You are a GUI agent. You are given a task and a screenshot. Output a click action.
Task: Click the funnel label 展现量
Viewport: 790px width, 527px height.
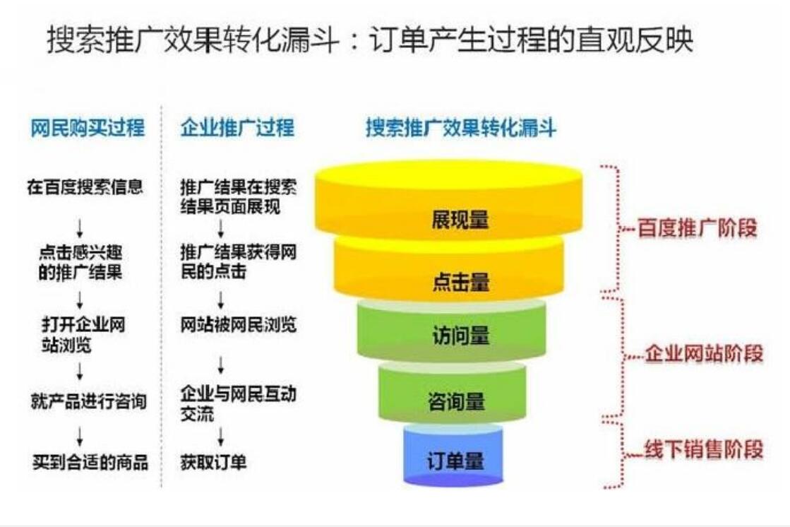click(460, 220)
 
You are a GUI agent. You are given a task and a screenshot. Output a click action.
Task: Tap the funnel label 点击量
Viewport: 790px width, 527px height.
click(460, 281)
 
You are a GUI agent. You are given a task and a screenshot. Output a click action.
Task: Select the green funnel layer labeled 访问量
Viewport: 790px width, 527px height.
click(451, 331)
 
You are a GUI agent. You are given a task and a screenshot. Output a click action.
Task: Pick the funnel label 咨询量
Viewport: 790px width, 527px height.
click(456, 402)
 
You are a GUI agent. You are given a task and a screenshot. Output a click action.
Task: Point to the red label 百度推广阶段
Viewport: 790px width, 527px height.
click(698, 228)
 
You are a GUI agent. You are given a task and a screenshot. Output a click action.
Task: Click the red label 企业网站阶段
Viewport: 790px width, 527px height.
click(705, 353)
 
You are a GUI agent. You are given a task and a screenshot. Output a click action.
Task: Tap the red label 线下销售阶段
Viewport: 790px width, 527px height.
click(705, 449)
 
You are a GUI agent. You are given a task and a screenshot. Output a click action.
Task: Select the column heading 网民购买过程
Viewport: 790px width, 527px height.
click(88, 128)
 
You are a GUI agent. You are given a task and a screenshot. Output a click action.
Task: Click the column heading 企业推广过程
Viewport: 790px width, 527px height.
click(237, 128)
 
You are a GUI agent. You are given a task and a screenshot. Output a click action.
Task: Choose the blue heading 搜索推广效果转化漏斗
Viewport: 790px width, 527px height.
click(461, 128)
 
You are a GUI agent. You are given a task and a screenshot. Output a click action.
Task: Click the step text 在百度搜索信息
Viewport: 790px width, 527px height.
click(85, 187)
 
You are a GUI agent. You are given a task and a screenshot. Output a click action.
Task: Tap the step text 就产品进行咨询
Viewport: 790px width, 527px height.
click(89, 401)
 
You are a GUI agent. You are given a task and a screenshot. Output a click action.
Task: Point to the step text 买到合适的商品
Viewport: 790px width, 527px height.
click(90, 462)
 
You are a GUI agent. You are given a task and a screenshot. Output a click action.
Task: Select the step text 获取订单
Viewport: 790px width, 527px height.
click(214, 462)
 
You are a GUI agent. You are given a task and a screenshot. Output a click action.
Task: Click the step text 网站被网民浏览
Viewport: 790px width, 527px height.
click(239, 325)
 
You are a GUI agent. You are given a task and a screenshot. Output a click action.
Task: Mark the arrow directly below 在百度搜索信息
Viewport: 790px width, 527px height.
click(80, 228)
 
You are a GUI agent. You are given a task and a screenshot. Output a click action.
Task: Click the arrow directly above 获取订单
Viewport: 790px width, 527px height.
click(221, 437)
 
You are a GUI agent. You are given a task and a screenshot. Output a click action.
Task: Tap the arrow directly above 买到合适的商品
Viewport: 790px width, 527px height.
click(80, 437)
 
